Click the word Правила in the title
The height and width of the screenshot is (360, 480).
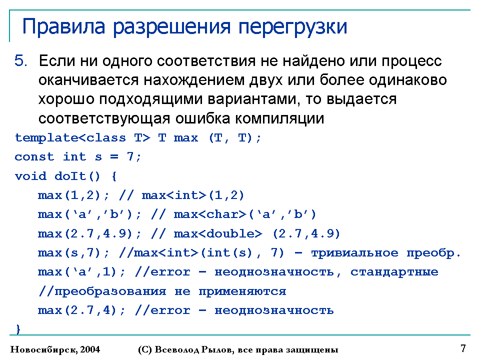pyautogui.click(x=63, y=27)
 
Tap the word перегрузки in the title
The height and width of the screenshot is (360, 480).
pyautogui.click(x=292, y=27)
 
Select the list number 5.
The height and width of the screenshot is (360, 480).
pyautogui.click(x=21, y=60)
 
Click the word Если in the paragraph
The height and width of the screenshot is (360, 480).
pyautogui.click(x=57, y=60)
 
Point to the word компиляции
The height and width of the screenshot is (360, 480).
pyautogui.click(x=279, y=118)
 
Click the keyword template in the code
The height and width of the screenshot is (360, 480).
pyautogui.click(x=46, y=138)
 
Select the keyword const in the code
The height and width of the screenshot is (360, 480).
pyautogui.click(x=34, y=157)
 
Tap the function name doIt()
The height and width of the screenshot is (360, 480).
pyautogui.click(x=77, y=176)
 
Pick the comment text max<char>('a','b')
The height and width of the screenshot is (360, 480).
pyautogui.click(x=244, y=214)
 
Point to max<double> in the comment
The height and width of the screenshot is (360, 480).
pyautogui.click(x=218, y=233)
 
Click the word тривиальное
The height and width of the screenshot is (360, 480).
pyautogui.click(x=355, y=253)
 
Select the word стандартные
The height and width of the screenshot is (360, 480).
pyautogui.click(x=394, y=272)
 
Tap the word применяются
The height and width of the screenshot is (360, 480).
pyautogui.click(x=242, y=291)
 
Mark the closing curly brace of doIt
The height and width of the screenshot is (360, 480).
pyautogui.click(x=18, y=329)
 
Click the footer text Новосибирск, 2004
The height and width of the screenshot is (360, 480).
pyautogui.click(x=55, y=349)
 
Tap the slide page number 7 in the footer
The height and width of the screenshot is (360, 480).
pyautogui.click(x=463, y=348)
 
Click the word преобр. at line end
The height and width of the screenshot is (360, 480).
pyautogui.click(x=433, y=253)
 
